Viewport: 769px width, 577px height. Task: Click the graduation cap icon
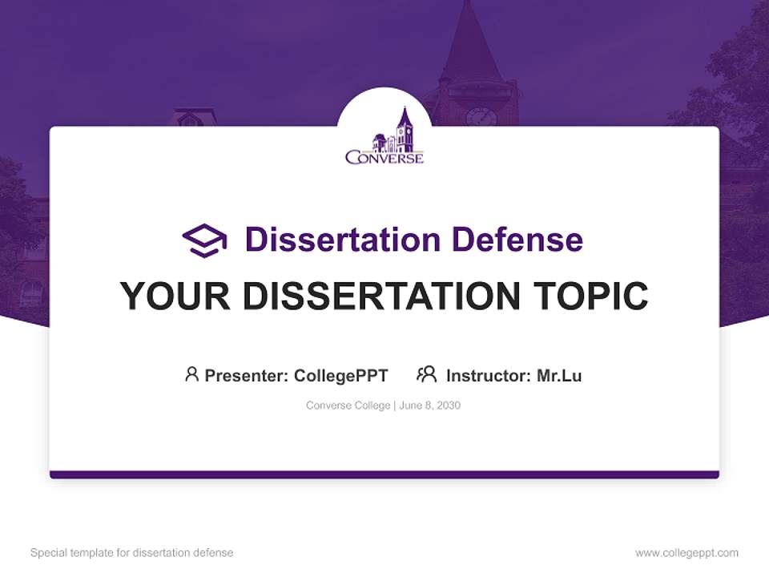[204, 240]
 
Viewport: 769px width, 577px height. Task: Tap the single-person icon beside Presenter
[191, 374]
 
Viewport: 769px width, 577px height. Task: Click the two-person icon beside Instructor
[426, 374]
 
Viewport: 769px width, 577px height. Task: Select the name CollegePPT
[341, 375]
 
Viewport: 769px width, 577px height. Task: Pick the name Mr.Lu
[559, 375]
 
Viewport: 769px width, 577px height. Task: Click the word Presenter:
[247, 375]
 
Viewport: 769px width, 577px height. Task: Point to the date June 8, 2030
[429, 406]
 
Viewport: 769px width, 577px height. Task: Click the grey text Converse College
[348, 406]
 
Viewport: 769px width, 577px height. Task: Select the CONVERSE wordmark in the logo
[384, 158]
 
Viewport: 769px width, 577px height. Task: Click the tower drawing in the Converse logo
[404, 130]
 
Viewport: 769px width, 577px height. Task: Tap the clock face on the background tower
[481, 117]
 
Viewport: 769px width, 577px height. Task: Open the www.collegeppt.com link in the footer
[686, 553]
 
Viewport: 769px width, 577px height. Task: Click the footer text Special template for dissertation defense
[132, 553]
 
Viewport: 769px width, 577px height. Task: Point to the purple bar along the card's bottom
[384, 474]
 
